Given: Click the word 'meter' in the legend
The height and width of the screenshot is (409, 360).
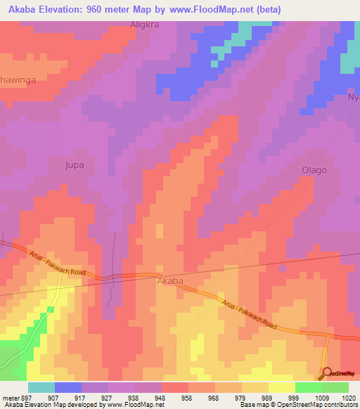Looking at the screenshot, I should (10, 397).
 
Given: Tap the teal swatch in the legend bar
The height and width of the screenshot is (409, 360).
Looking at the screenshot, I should (41, 387).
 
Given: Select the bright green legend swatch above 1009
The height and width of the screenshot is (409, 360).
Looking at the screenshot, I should (308, 387).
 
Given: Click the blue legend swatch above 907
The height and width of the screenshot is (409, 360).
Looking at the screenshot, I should (68, 387).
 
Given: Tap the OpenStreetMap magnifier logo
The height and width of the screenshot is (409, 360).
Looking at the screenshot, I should (327, 372).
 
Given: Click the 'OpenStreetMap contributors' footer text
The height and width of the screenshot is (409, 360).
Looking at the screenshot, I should (318, 405).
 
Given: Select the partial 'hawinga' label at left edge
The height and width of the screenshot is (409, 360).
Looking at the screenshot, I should (18, 80).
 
